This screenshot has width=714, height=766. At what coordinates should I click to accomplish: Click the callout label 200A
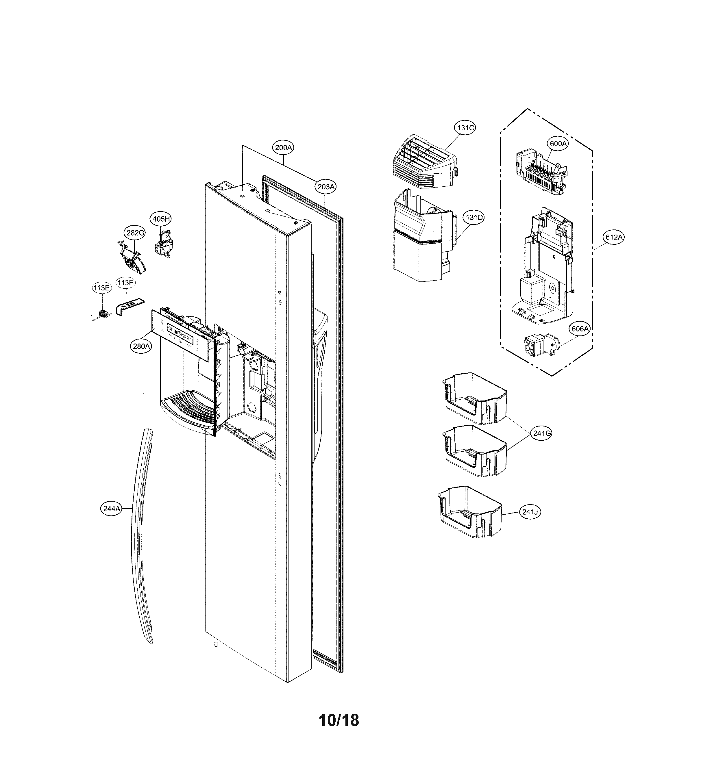[x=283, y=148]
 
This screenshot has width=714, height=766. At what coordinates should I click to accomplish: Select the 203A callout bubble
[x=326, y=187]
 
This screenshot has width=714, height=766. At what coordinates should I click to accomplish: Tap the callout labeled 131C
[x=465, y=127]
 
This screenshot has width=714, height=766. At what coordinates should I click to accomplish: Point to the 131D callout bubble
[x=474, y=218]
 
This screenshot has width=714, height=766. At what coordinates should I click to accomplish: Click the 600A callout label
[x=558, y=144]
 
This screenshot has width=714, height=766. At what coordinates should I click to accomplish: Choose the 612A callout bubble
[x=614, y=237]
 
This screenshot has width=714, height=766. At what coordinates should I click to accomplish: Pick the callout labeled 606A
[x=580, y=329]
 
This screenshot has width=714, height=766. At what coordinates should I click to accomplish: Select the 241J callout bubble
[x=530, y=512]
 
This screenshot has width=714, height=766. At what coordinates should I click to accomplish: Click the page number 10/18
[x=339, y=720]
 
